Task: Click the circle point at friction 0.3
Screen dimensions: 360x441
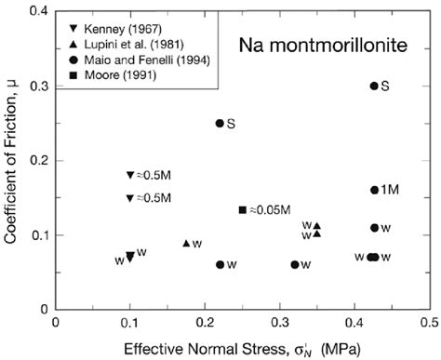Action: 374,86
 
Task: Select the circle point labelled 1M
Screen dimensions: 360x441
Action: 374,190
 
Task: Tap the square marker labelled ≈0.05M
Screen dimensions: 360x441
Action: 243,209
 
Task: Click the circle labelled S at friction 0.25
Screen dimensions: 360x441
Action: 220,123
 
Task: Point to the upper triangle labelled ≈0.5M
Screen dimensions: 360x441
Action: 130,175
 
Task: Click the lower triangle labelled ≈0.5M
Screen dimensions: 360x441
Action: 130,198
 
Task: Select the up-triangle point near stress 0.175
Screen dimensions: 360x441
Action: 186,244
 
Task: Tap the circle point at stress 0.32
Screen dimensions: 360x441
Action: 295,264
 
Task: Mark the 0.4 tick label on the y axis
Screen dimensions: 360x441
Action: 38,11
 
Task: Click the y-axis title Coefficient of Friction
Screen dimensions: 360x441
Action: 12,158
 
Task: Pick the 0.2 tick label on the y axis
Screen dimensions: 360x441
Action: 38,160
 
